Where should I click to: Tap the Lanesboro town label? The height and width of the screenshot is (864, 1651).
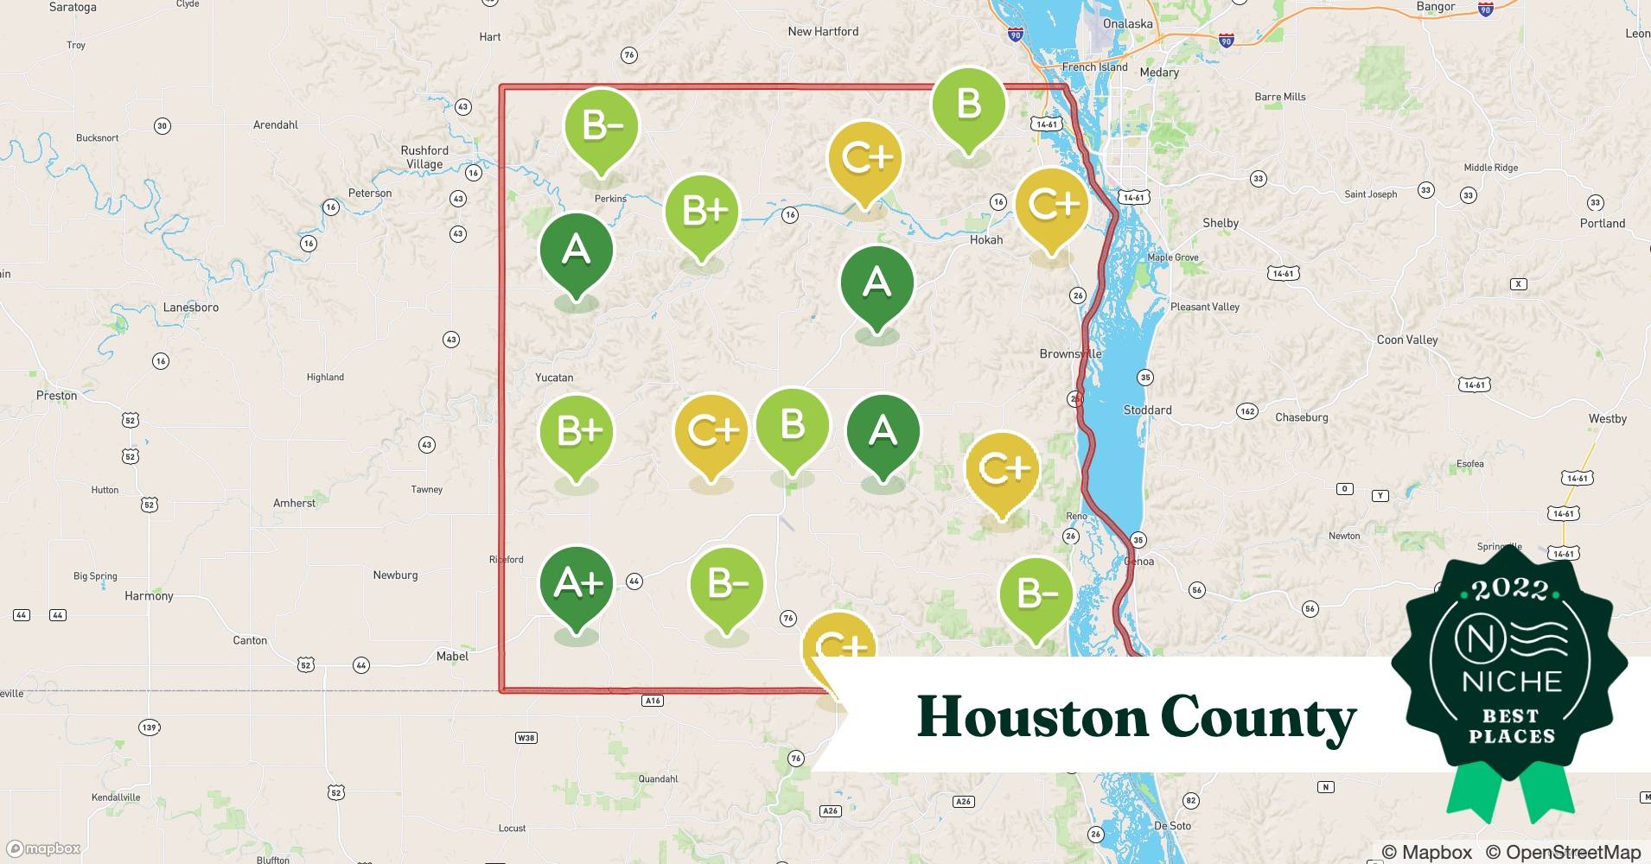tap(191, 308)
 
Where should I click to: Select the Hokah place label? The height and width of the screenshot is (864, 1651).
tap(985, 240)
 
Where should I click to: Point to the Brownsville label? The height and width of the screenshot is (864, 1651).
tap(1070, 354)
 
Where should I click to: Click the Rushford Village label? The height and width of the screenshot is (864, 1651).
tap(424, 157)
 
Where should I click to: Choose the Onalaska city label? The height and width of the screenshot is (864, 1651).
tap(1127, 24)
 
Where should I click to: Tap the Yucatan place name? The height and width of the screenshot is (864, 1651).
tap(554, 378)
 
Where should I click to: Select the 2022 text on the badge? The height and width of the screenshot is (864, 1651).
tap(1510, 590)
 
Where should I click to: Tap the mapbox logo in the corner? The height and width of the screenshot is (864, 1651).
tap(44, 848)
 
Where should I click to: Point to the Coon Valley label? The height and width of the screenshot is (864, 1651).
tap(1406, 340)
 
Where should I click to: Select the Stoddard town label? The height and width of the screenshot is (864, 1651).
tap(1147, 410)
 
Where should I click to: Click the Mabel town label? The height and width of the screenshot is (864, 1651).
tap(452, 657)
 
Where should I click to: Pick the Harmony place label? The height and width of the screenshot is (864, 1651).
tap(149, 596)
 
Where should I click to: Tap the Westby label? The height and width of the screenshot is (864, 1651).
tap(1607, 419)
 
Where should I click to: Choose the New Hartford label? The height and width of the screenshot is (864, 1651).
tap(823, 32)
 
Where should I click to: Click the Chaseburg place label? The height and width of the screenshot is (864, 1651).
tap(1301, 417)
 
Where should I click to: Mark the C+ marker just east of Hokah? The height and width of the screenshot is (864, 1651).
tap(1052, 206)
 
